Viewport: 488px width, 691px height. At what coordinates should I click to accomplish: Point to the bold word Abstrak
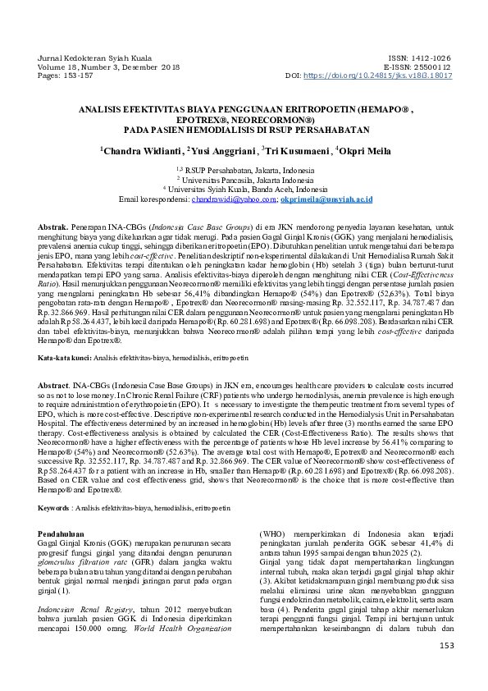coord(53,224)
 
